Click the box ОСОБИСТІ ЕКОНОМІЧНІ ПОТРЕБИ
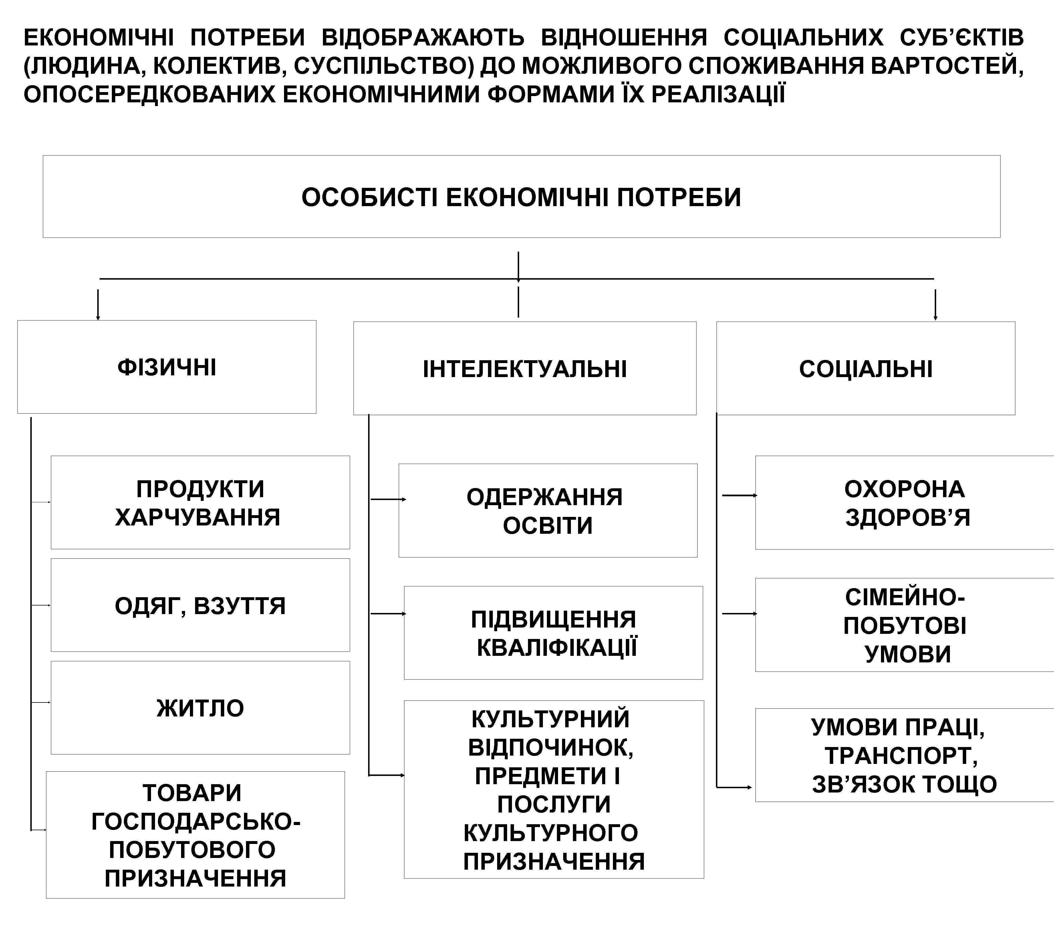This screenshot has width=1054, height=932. pos(521,197)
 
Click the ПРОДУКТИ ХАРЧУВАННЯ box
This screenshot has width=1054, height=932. pos(200,503)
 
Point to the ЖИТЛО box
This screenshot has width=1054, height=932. pos(200,708)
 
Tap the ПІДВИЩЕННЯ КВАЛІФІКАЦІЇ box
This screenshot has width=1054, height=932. pos(553,633)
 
